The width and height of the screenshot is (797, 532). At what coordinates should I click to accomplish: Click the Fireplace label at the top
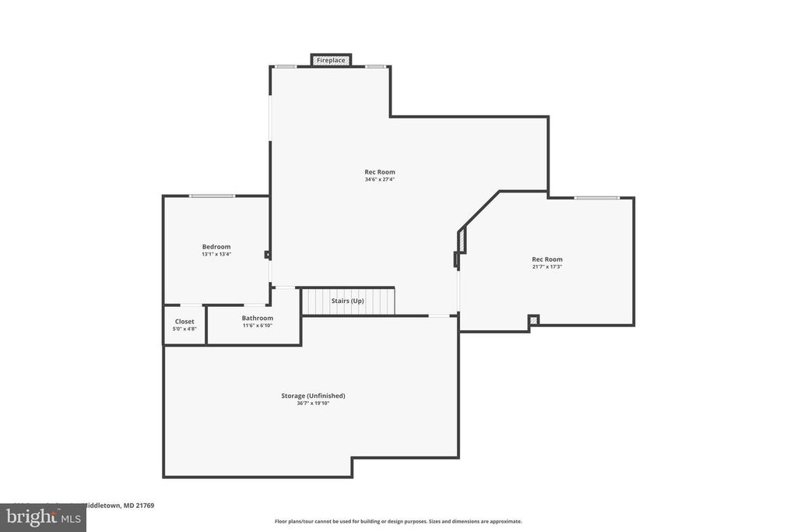pyautogui.click(x=331, y=60)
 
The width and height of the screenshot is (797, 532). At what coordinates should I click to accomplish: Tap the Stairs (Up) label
pyautogui.click(x=348, y=301)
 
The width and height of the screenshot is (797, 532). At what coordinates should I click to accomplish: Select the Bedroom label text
pyautogui.click(x=216, y=247)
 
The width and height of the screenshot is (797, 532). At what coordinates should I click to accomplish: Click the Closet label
pyautogui.click(x=184, y=321)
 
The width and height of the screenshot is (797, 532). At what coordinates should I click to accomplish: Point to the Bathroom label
pyautogui.click(x=257, y=318)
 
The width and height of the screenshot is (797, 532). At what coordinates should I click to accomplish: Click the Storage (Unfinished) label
pyautogui.click(x=313, y=396)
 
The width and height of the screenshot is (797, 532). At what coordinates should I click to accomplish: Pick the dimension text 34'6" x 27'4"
pyautogui.click(x=380, y=179)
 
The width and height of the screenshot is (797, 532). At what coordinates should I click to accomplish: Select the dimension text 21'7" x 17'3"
pyautogui.click(x=546, y=266)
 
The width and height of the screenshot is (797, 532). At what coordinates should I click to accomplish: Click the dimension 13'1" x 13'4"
pyautogui.click(x=216, y=254)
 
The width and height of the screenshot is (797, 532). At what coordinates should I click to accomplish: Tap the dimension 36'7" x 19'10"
pyautogui.click(x=313, y=403)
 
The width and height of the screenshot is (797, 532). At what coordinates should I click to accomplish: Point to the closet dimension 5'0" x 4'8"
pyautogui.click(x=184, y=329)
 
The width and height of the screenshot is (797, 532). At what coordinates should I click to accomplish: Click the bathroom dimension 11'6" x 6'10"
pyautogui.click(x=257, y=326)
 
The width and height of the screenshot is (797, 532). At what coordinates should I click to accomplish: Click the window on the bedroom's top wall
pyautogui.click(x=212, y=196)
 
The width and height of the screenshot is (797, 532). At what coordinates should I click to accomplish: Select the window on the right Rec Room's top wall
pyautogui.click(x=597, y=198)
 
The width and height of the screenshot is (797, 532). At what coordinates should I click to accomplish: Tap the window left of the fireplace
pyautogui.click(x=286, y=66)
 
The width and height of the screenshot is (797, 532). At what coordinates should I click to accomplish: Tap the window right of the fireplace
pyautogui.click(x=376, y=66)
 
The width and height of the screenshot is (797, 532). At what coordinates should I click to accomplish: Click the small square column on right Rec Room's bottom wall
pyautogui.click(x=533, y=319)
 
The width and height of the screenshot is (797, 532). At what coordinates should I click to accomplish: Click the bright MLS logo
pyautogui.click(x=42, y=517)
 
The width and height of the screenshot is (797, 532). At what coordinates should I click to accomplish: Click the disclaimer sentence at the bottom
pyautogui.click(x=398, y=521)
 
